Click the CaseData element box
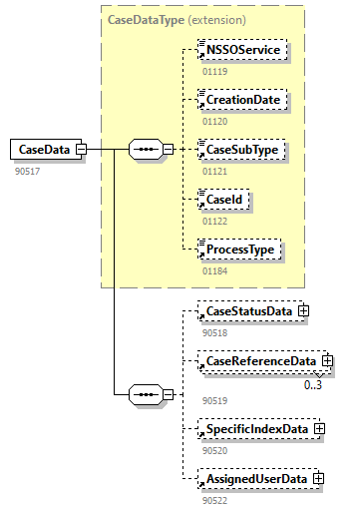click(44, 150)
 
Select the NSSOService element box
click(243, 50)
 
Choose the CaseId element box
click(224, 200)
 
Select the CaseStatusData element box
click(248, 311)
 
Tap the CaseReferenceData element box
click(259, 360)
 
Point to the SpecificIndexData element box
click(256, 429)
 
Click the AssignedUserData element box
click(255, 479)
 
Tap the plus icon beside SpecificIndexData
click(319, 429)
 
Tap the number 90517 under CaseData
click(27, 171)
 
